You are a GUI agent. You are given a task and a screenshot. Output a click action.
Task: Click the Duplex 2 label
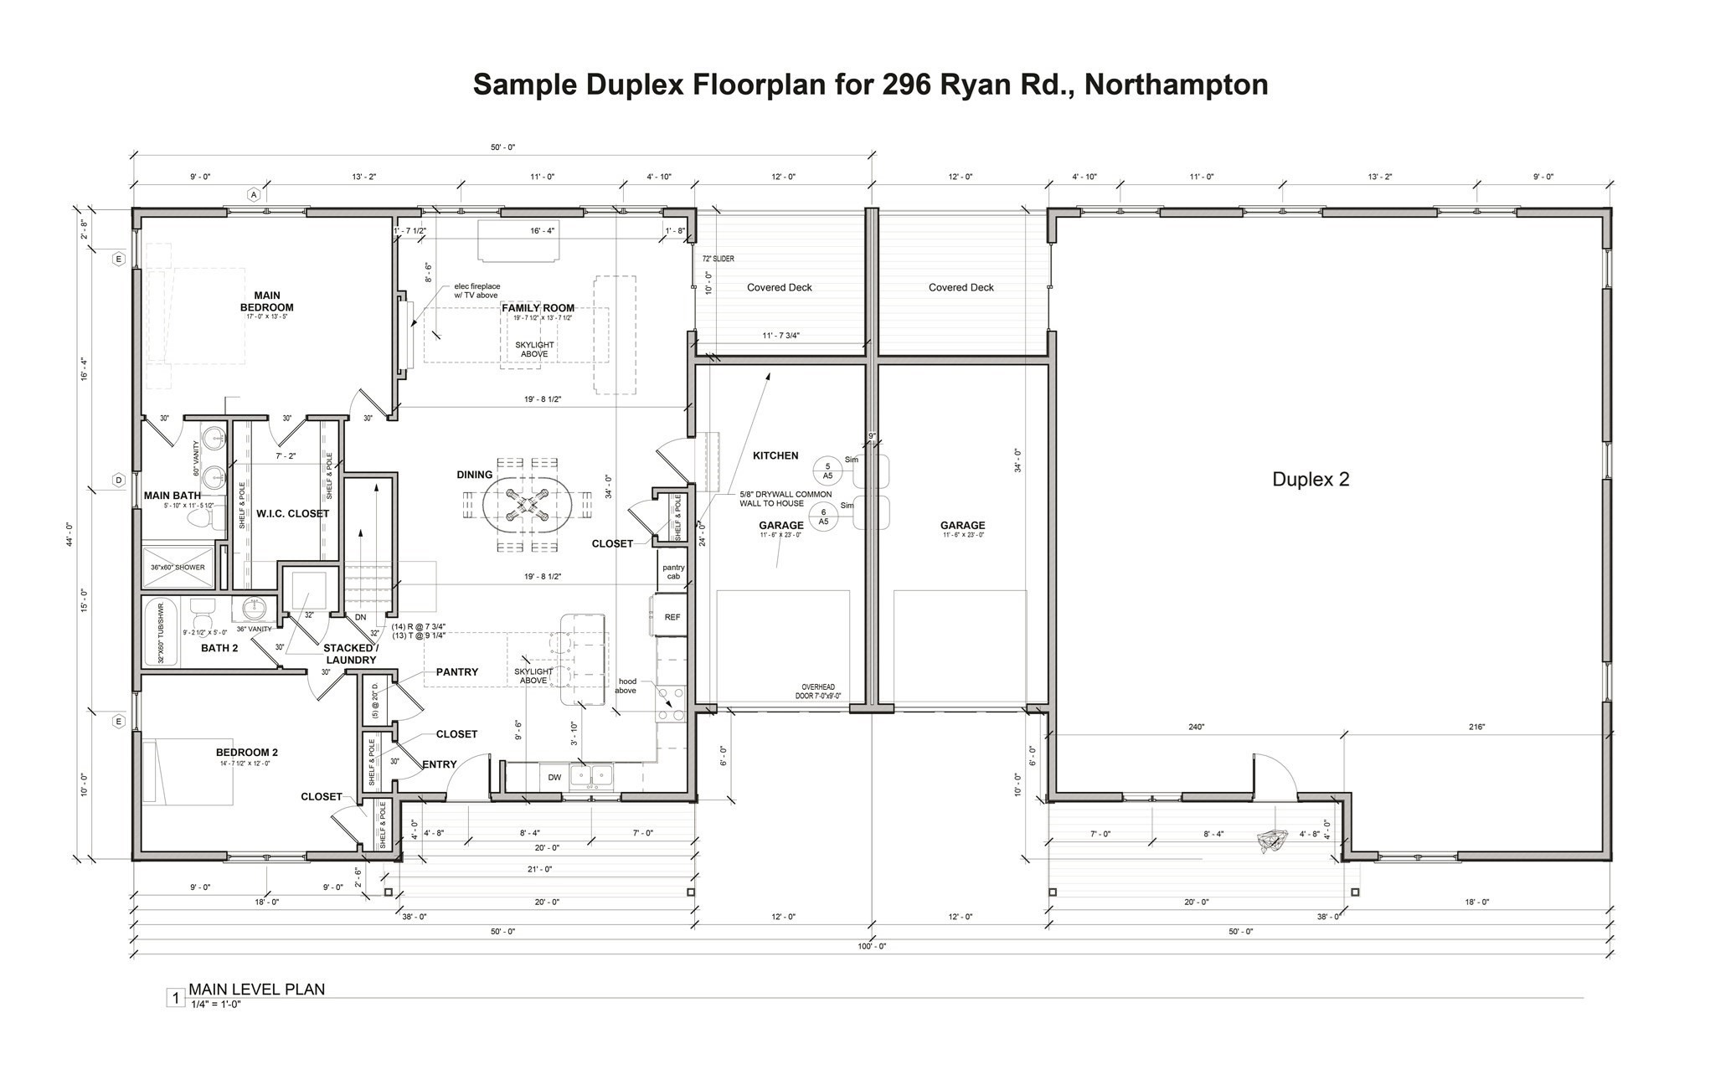(1310, 480)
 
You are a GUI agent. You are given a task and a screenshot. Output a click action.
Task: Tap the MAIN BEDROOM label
(267, 301)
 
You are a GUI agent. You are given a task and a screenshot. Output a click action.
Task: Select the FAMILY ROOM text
(538, 308)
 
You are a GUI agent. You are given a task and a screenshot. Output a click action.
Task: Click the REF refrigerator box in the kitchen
(672, 617)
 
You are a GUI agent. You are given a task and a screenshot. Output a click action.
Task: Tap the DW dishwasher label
(554, 778)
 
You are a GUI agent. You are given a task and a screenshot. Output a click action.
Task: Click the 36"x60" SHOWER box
(178, 567)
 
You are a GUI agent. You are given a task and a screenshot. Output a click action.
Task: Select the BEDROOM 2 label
(246, 753)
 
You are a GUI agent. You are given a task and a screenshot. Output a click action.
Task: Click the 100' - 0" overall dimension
(871, 946)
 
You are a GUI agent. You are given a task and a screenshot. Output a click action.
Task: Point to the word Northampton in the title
(1176, 85)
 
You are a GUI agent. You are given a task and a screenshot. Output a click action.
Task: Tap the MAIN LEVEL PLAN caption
(256, 989)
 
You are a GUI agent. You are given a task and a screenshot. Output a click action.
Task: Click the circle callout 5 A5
(827, 471)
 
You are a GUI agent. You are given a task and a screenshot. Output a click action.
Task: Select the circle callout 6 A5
(823, 517)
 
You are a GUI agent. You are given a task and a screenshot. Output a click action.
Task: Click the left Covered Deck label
(779, 287)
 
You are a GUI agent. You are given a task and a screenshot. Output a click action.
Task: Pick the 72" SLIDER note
(718, 259)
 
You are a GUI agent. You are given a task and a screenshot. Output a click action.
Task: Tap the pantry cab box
(672, 572)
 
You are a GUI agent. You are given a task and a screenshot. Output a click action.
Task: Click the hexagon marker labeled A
(254, 194)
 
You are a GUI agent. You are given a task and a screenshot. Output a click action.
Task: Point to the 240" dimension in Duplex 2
(1196, 728)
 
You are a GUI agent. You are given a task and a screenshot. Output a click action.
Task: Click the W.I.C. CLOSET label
(292, 513)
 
